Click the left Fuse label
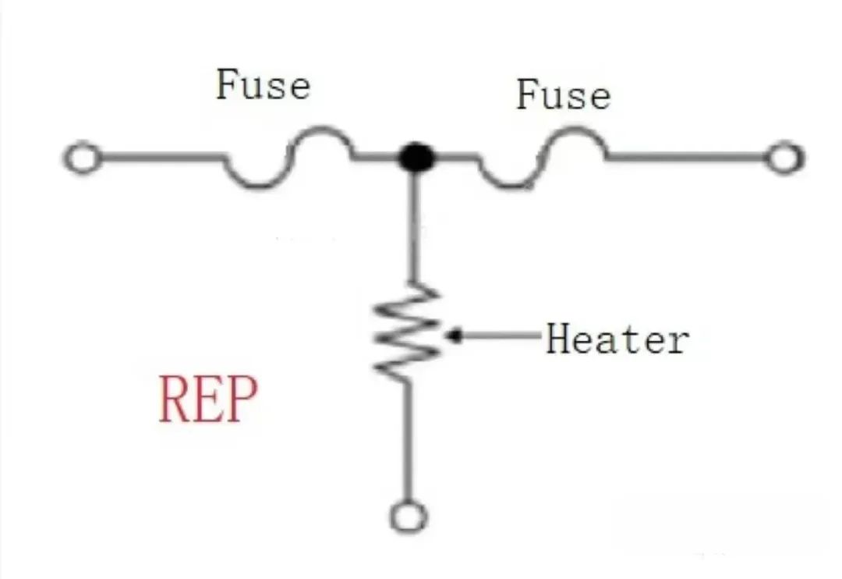263,84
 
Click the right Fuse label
563,95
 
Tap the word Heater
617,339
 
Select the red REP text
207,399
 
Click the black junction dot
416,158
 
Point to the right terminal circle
783,158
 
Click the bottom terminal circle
409,517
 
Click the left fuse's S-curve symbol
288,158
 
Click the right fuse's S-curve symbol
541,158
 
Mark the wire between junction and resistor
414,226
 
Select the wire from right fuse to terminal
686,158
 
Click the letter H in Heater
558,339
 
